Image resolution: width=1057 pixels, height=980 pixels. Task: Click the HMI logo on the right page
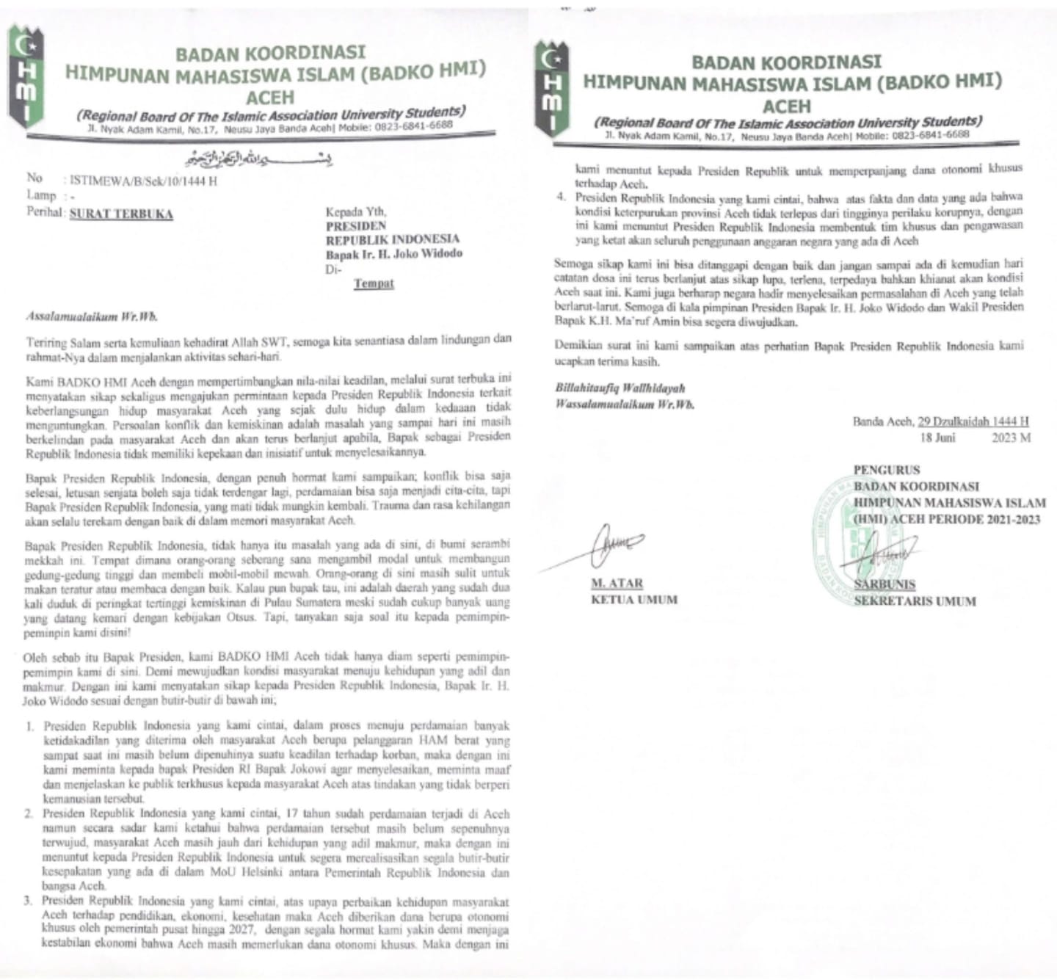(550, 89)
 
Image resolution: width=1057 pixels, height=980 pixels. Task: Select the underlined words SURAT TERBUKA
(121, 214)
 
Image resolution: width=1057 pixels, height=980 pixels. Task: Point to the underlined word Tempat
(374, 283)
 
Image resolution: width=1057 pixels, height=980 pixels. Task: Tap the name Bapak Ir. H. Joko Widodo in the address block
(394, 254)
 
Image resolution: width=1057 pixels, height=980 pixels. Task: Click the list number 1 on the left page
(31, 726)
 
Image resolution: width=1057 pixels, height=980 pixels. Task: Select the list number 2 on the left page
(31, 814)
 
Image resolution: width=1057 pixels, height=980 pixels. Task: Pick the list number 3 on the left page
(31, 901)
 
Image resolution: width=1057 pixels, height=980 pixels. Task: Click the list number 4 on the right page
(562, 197)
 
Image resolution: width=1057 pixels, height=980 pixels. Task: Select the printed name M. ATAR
(617, 584)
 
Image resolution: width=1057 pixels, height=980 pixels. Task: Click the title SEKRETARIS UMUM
(915, 601)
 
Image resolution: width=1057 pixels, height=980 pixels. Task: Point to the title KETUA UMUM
(634, 599)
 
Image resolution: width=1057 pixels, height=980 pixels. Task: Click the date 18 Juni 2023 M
(976, 438)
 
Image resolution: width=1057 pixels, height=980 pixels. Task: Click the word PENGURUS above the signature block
(887, 470)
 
